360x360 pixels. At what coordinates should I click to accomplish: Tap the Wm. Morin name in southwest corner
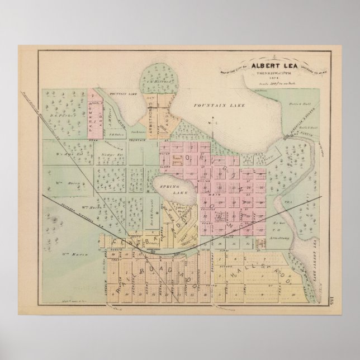point(66,254)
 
